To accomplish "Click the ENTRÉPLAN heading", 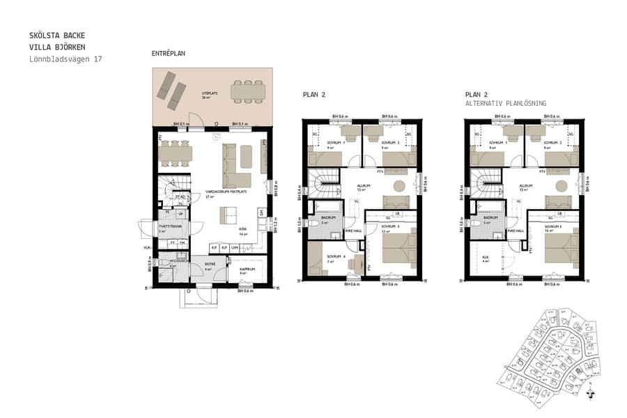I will pyautogui.click(x=169, y=53).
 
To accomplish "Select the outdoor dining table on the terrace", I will pyautogui.click(x=247, y=91).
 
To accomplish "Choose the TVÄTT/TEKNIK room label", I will pyautogui.click(x=167, y=226).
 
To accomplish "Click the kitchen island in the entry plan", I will pyautogui.click(x=228, y=215).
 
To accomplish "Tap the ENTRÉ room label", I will pyautogui.click(x=209, y=265).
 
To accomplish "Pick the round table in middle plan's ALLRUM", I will pyautogui.click(x=400, y=186).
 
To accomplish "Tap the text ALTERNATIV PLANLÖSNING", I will pyautogui.click(x=506, y=103).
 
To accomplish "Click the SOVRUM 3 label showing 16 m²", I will pyautogui.click(x=554, y=227).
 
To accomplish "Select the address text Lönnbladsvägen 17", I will pyautogui.click(x=66, y=59).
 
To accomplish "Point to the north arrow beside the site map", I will pyautogui.click(x=591, y=394).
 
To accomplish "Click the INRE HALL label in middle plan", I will pyautogui.click(x=354, y=230).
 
